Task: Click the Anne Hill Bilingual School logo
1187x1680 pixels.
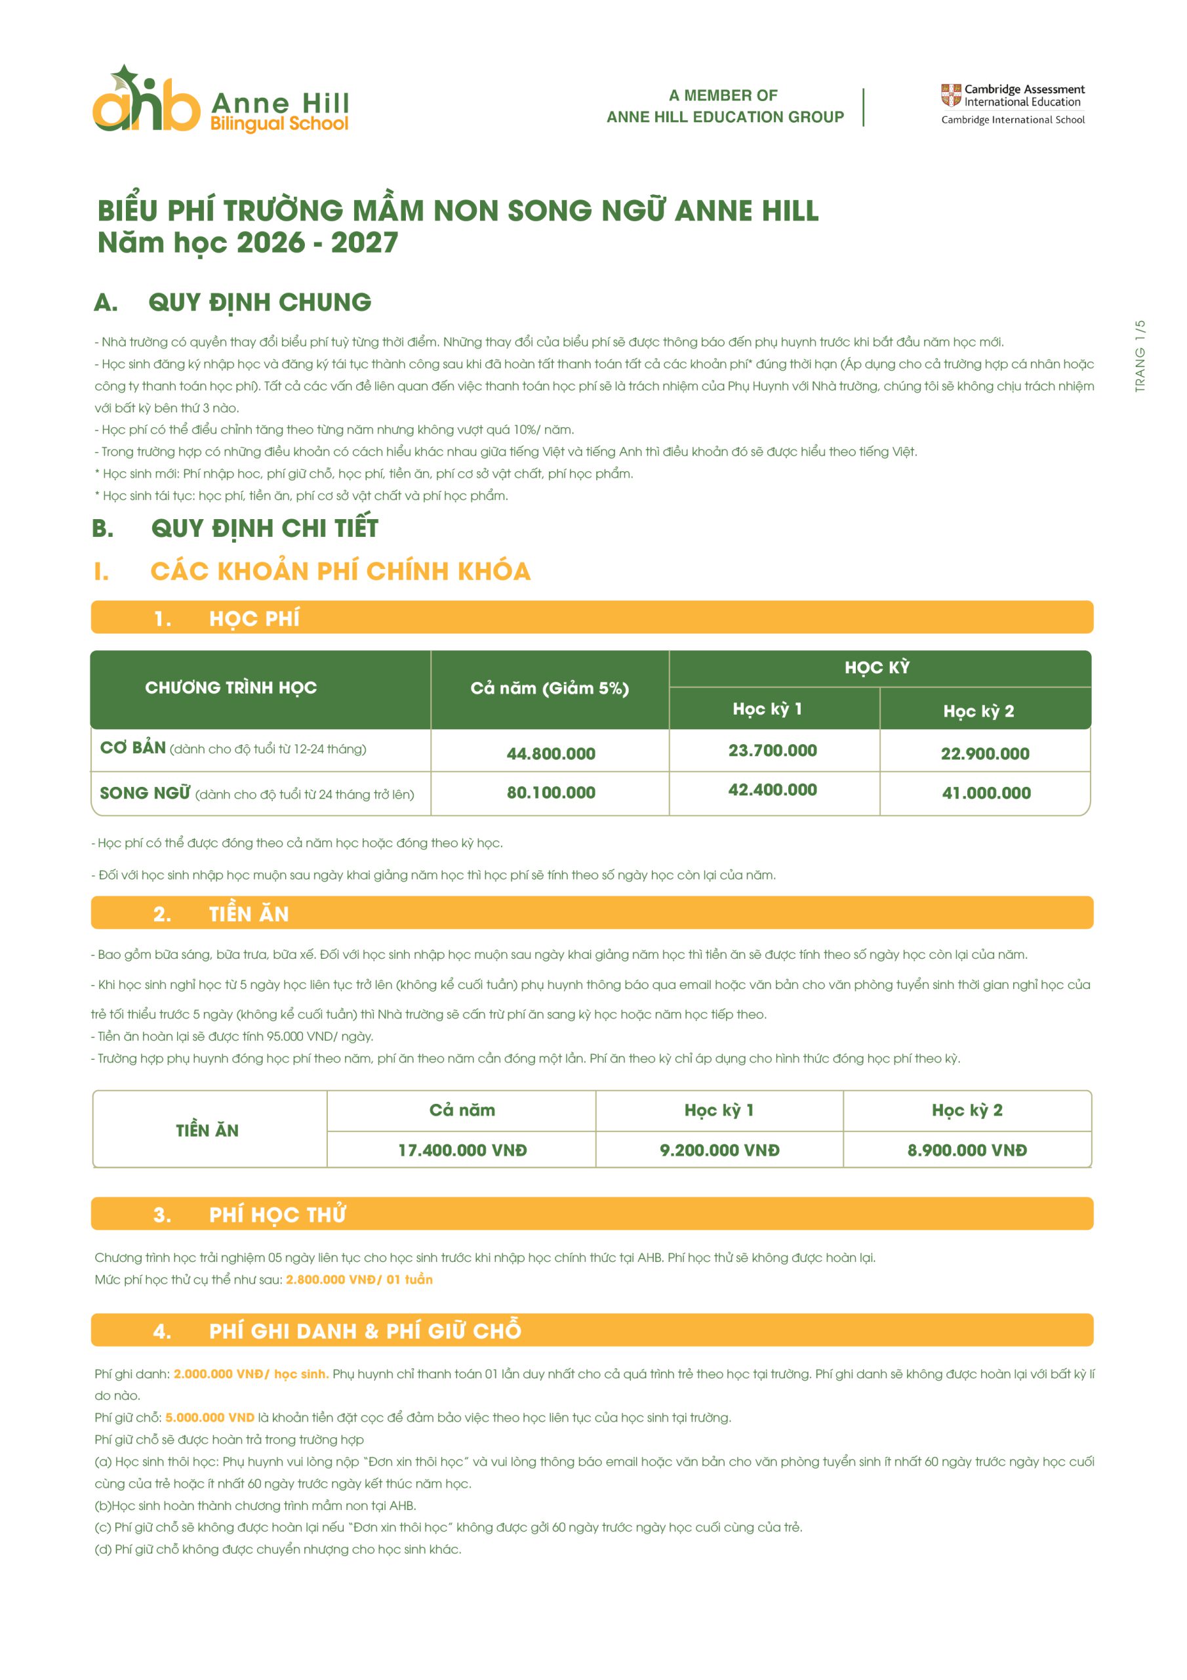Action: click(x=220, y=101)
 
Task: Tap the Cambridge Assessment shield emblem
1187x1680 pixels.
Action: click(x=950, y=95)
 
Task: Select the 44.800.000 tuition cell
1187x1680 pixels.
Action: click(x=550, y=753)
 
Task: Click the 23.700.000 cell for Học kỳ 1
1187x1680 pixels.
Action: click(x=772, y=750)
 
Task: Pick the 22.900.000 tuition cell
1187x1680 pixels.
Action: click(x=984, y=753)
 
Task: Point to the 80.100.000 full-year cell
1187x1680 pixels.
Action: click(x=550, y=793)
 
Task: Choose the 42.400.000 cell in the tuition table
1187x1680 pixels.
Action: click(x=772, y=789)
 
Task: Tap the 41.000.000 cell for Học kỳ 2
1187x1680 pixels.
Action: click(x=985, y=793)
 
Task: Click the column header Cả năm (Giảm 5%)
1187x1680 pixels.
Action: click(x=550, y=688)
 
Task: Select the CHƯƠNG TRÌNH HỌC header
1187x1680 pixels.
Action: click(x=230, y=687)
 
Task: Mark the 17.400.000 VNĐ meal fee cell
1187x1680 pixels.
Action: click(x=462, y=1150)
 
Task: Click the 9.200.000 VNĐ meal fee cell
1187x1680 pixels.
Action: click(x=719, y=1150)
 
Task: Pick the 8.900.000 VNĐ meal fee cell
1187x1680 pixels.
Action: click(x=966, y=1150)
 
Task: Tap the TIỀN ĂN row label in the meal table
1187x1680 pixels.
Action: click(x=207, y=1130)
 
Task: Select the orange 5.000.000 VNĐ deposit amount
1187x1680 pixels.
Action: click(x=209, y=1417)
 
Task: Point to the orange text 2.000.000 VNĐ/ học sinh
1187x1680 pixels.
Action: click(x=250, y=1374)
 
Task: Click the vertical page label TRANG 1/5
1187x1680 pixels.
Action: click(x=1140, y=356)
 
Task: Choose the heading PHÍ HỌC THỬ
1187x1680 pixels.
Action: click(x=277, y=1215)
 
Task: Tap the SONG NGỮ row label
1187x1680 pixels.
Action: click(x=145, y=793)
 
